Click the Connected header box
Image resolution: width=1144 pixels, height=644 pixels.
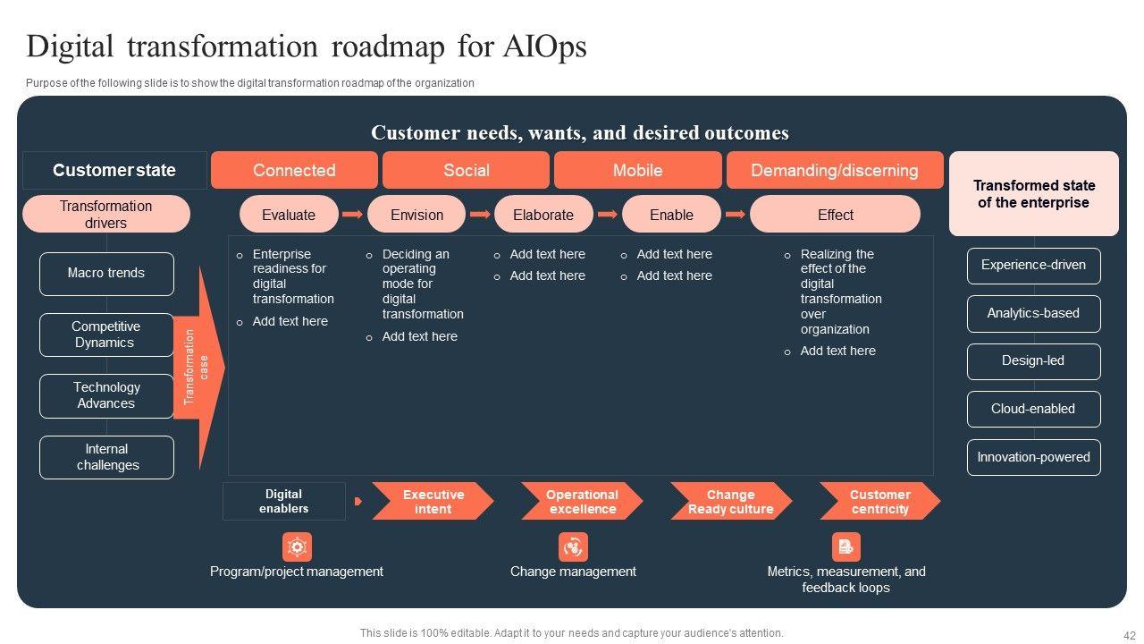click(x=294, y=170)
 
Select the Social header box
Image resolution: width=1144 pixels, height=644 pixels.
click(x=466, y=170)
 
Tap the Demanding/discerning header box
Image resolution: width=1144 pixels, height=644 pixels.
click(x=834, y=170)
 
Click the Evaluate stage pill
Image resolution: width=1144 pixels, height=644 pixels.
click(x=289, y=215)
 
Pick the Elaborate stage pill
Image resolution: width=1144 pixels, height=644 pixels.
click(x=543, y=215)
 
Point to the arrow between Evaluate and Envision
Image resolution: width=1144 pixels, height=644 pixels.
click(x=352, y=215)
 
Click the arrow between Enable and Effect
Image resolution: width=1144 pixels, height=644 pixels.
click(x=736, y=215)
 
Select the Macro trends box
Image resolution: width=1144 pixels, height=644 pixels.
click(x=106, y=274)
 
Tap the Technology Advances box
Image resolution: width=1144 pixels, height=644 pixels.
click(x=106, y=395)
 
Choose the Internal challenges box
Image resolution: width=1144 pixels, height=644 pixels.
click(x=106, y=457)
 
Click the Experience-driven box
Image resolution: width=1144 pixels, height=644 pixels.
click(x=1033, y=266)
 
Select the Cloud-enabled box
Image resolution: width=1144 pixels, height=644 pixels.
click(x=1033, y=409)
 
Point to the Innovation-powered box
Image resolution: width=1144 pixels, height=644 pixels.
click(x=1033, y=457)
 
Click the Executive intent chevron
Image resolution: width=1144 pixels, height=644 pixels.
click(x=433, y=502)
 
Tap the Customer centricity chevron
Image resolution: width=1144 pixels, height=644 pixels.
click(x=879, y=502)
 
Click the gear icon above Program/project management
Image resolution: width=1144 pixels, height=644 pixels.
click(x=297, y=547)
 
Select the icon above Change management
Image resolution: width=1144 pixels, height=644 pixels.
click(x=573, y=547)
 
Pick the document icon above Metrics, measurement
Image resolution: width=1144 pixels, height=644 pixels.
click(x=845, y=547)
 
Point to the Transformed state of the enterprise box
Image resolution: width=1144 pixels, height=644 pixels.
click(x=1033, y=193)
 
